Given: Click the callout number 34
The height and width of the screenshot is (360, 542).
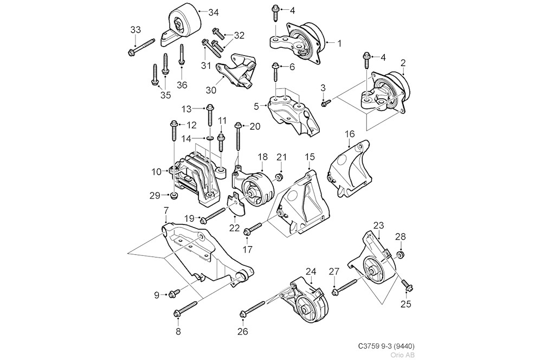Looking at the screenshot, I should point(213,11).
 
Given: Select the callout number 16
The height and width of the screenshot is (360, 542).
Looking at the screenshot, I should point(350,133).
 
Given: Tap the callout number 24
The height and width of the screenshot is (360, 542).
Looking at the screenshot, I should point(311,271).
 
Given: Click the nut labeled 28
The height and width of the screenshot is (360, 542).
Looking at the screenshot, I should point(400,255).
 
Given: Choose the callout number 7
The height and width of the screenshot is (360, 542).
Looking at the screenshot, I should point(166,210).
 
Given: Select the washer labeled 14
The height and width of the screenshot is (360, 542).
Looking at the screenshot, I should point(209,139).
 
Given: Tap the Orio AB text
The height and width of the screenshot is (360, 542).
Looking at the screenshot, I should point(403,355).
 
